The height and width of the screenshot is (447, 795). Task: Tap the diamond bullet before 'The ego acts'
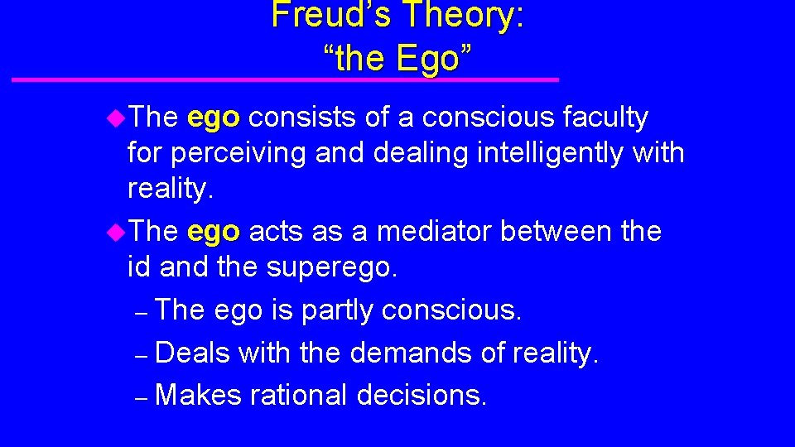[x=116, y=232]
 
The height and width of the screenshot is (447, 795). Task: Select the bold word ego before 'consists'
[x=214, y=118]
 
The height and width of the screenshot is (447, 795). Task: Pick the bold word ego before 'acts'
[x=214, y=232]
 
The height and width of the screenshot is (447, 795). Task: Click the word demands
[x=410, y=353]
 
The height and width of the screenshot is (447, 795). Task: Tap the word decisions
[x=422, y=395]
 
